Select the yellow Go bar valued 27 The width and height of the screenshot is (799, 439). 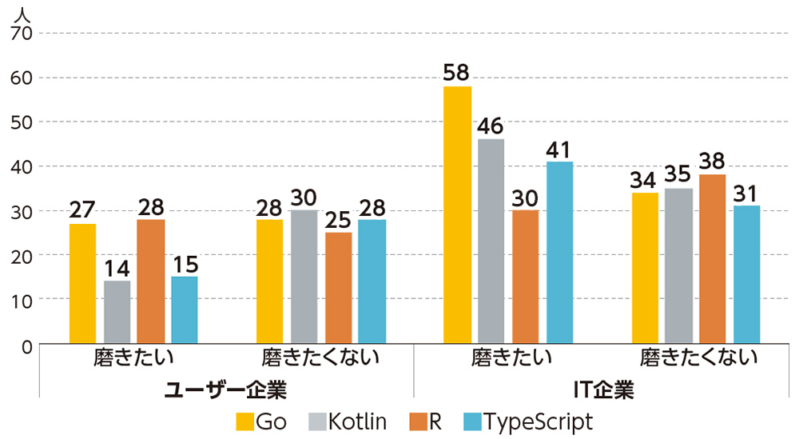(x=82, y=283)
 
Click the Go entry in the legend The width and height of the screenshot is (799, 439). (x=261, y=421)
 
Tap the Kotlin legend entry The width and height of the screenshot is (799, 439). (x=348, y=421)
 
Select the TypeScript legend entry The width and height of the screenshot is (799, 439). (x=528, y=421)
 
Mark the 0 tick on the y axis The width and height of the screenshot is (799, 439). (x=26, y=347)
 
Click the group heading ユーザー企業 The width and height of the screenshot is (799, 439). (x=225, y=389)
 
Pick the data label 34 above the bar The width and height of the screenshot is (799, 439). (x=645, y=180)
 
